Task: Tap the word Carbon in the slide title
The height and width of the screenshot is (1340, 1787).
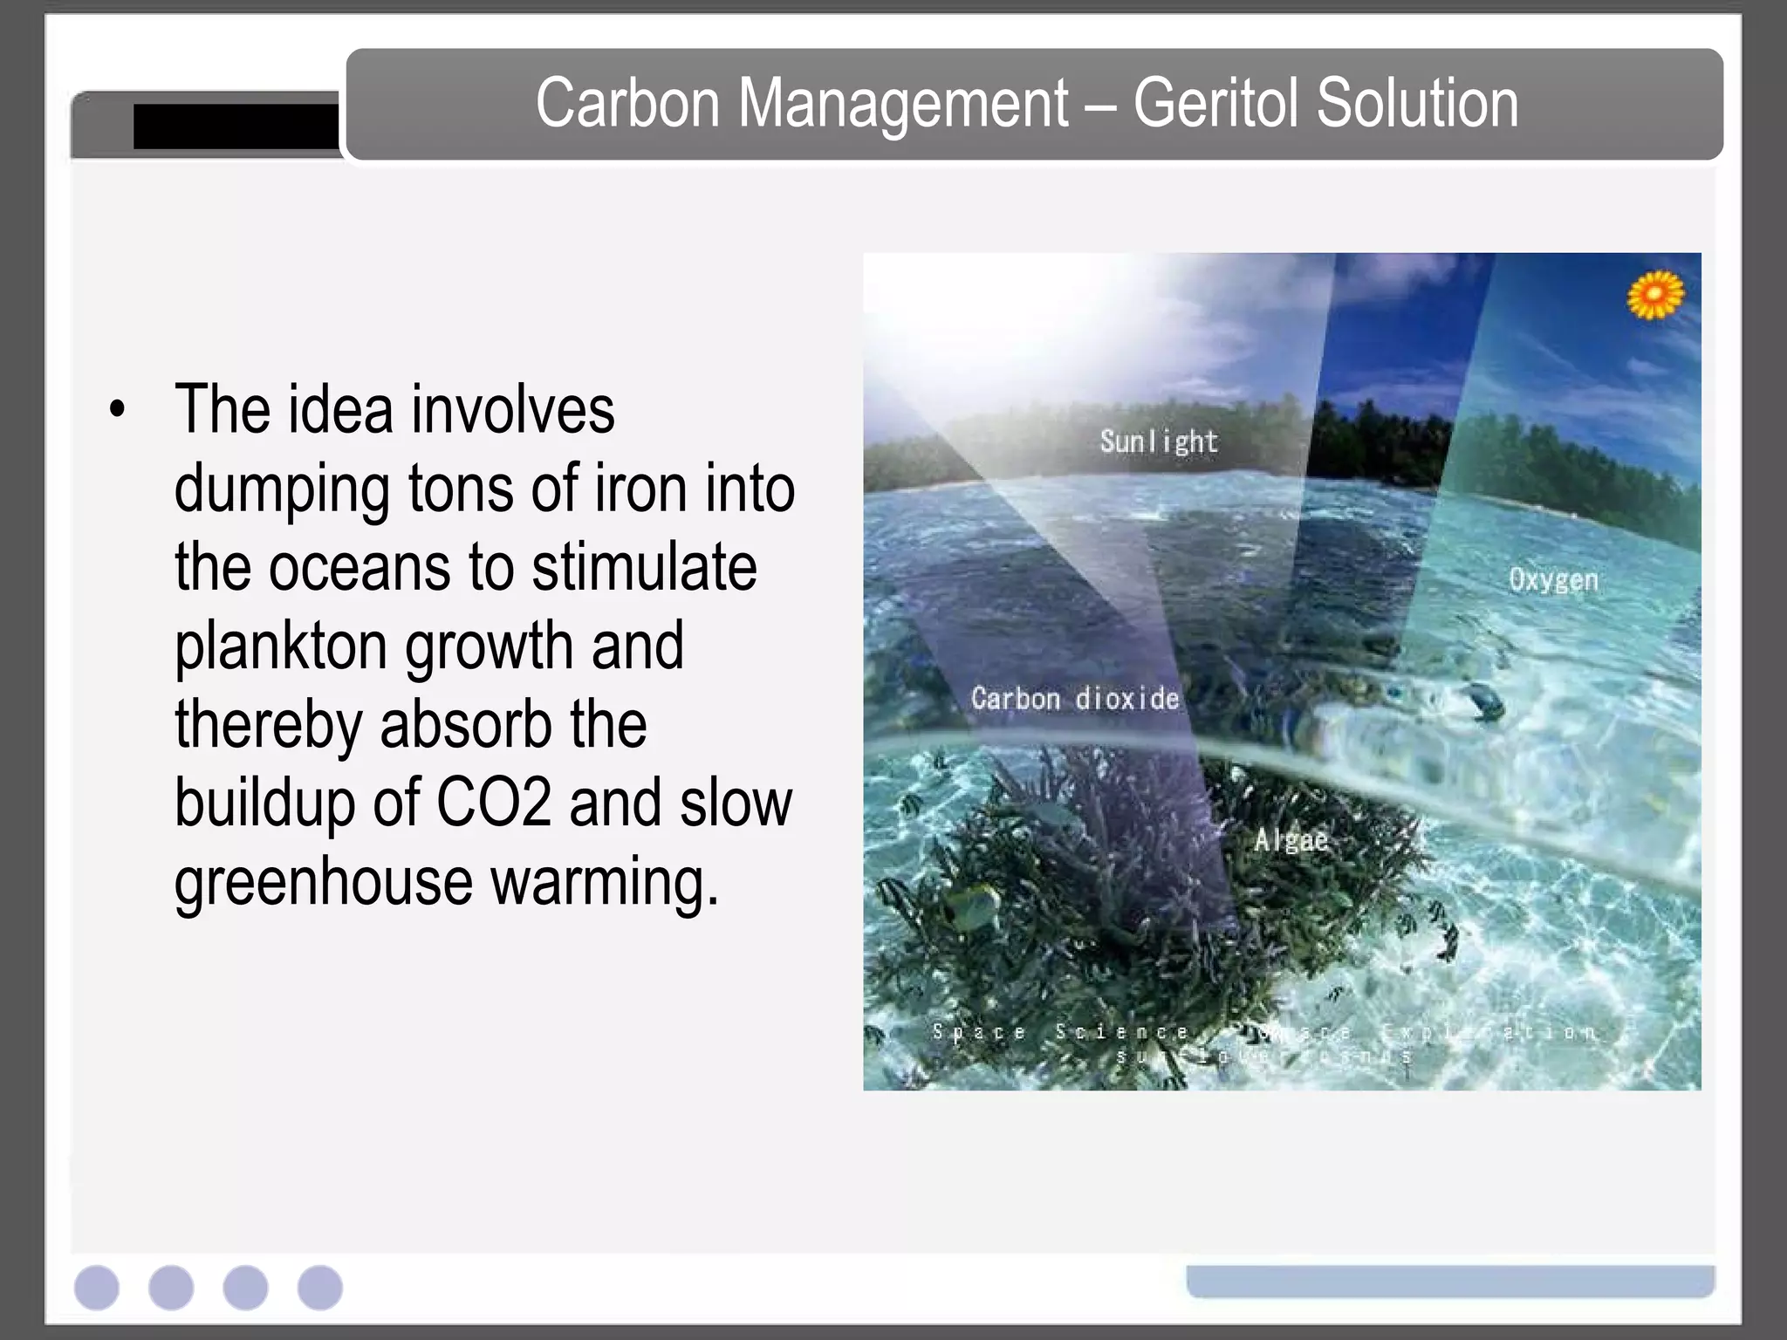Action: point(627,104)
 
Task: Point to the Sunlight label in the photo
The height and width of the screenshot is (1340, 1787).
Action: point(1158,441)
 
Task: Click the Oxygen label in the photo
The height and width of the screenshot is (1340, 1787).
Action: point(1553,580)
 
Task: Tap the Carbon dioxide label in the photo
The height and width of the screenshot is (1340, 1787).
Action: point(1074,699)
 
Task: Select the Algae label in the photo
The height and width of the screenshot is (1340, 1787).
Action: point(1291,840)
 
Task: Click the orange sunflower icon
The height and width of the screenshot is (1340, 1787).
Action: point(1654,295)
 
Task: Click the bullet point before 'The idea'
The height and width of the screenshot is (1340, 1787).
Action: point(118,408)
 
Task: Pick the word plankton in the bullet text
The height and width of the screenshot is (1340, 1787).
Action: point(281,647)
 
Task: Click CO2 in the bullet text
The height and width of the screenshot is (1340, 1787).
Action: point(493,803)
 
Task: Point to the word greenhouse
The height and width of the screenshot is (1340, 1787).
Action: point(323,883)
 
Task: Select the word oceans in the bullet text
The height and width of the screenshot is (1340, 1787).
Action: point(359,567)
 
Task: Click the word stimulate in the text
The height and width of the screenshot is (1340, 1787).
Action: point(644,567)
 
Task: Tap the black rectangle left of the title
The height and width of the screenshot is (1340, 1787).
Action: point(236,126)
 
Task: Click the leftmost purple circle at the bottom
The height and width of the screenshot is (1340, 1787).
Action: point(97,1288)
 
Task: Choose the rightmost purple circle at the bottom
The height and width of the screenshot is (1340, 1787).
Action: point(320,1288)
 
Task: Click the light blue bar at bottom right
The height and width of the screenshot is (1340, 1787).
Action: point(1450,1281)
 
